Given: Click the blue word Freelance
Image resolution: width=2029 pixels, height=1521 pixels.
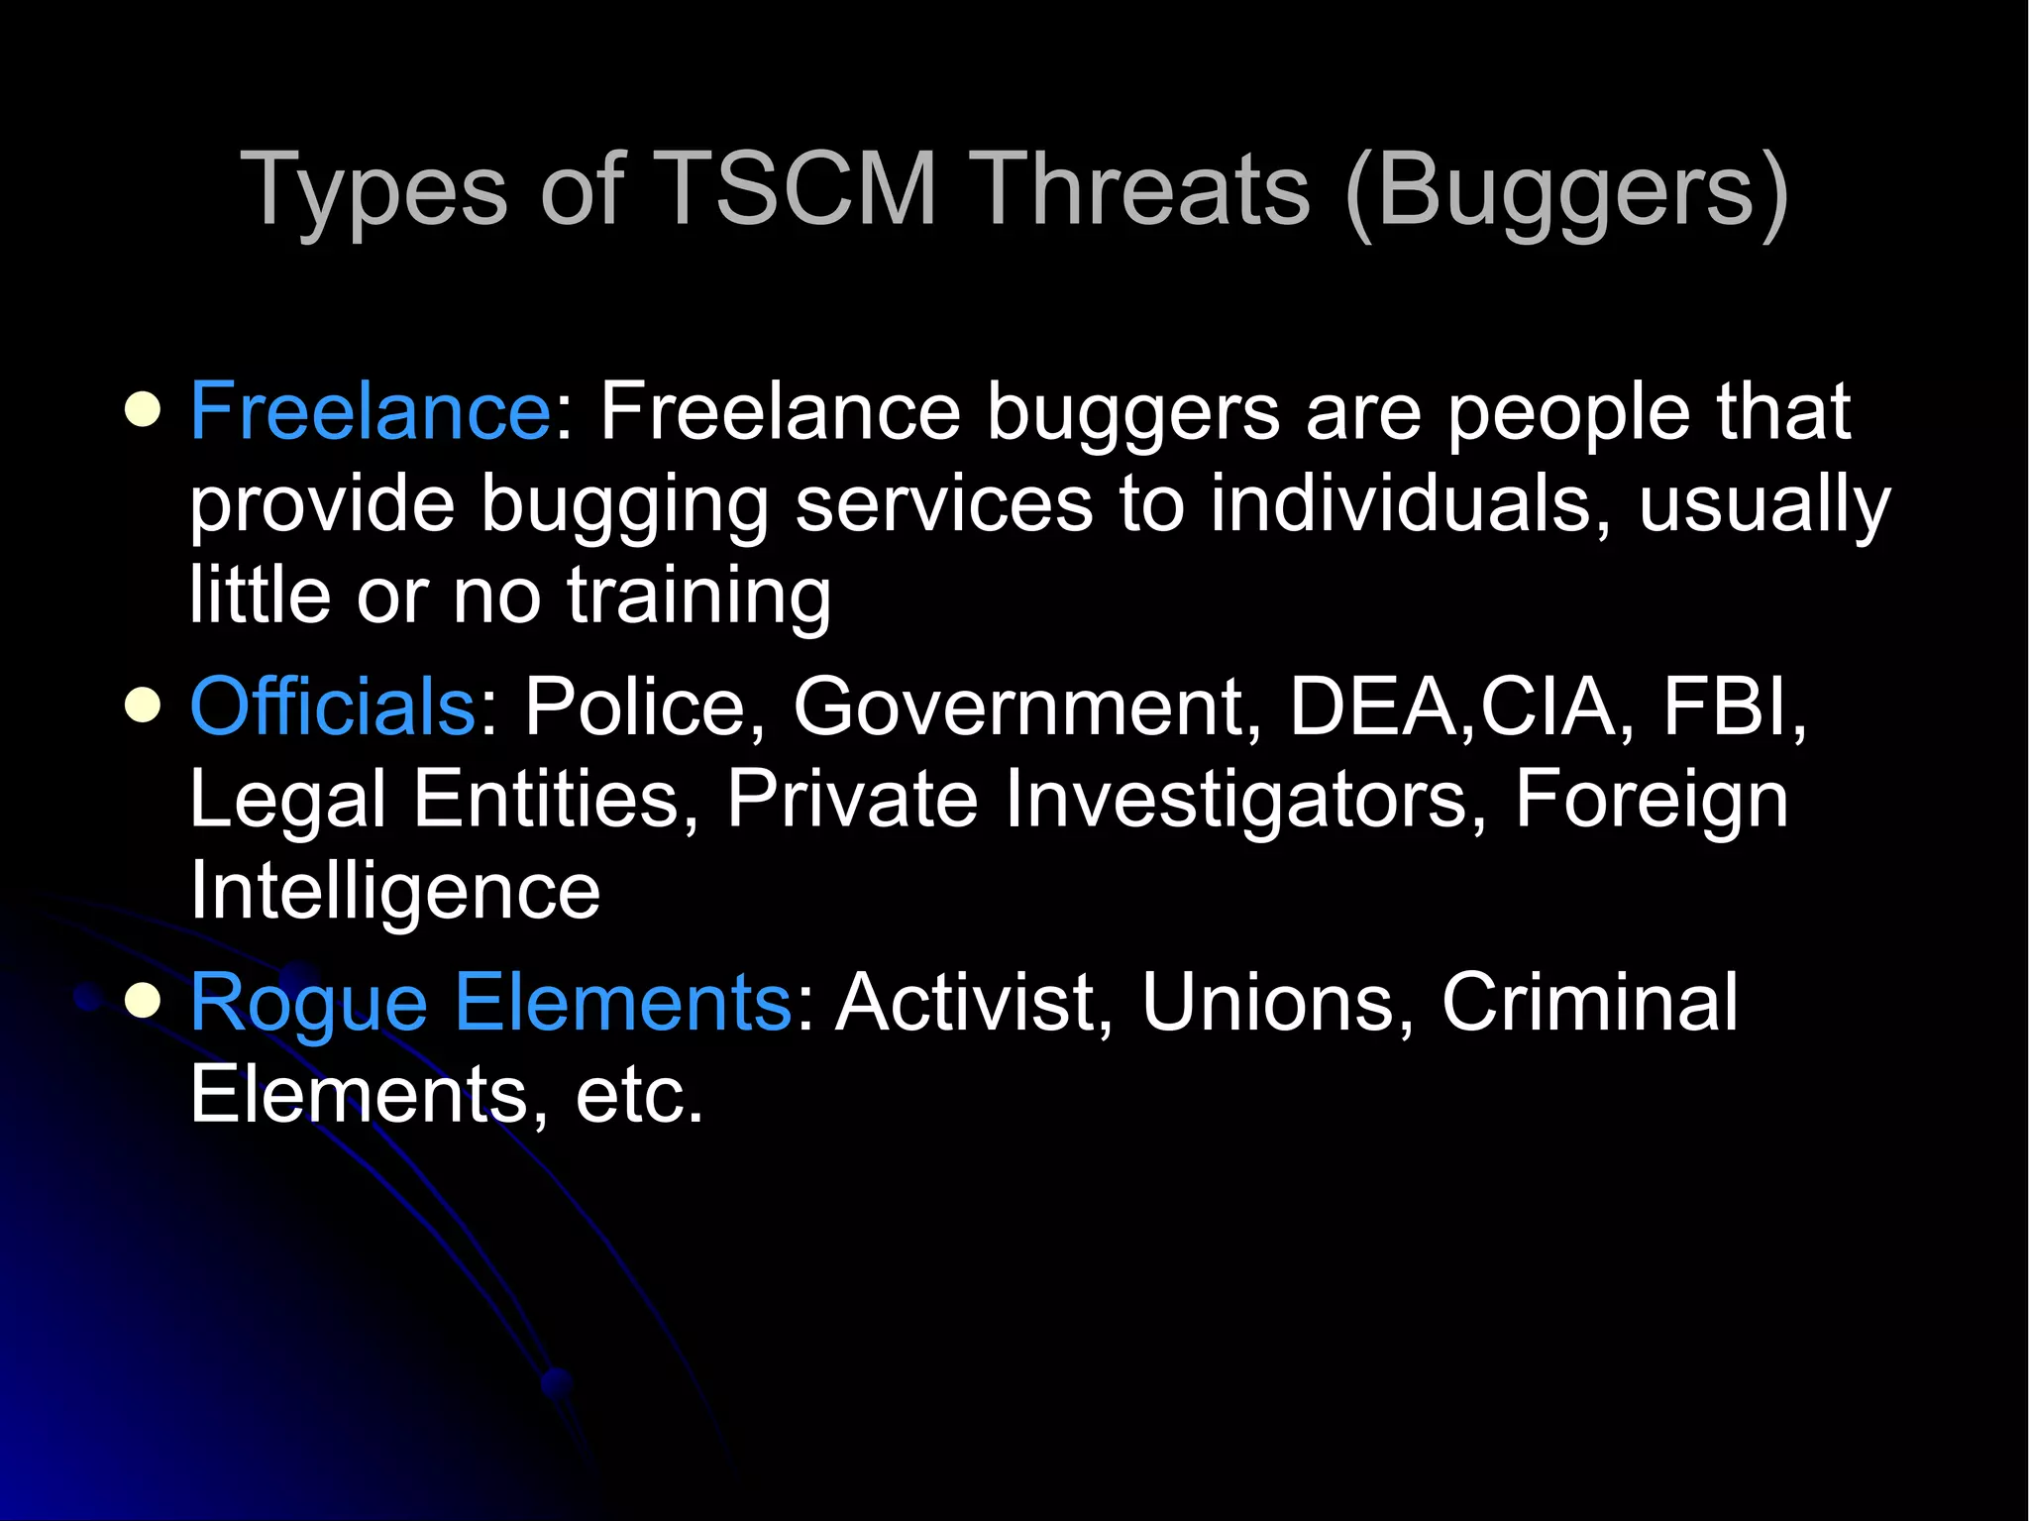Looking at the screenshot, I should pyautogui.click(x=370, y=410).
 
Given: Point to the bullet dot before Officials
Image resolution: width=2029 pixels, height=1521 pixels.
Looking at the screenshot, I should pyautogui.click(x=144, y=706).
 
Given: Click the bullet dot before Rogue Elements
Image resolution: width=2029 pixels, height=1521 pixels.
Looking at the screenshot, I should pyautogui.click(x=144, y=1001).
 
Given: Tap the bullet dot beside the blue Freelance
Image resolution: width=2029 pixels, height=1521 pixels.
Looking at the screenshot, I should pyautogui.click(x=144, y=410).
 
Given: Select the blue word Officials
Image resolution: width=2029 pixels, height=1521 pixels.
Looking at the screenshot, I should pyautogui.click(x=333, y=706).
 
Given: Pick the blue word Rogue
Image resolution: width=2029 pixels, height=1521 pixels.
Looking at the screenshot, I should pyautogui.click(x=308, y=1003).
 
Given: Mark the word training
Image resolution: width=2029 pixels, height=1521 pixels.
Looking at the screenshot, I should pyautogui.click(x=698, y=597).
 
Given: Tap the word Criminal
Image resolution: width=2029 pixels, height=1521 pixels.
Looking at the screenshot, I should pyautogui.click(x=1589, y=1003).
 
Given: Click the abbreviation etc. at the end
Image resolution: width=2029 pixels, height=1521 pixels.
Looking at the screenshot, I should pyautogui.click(x=639, y=1096).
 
